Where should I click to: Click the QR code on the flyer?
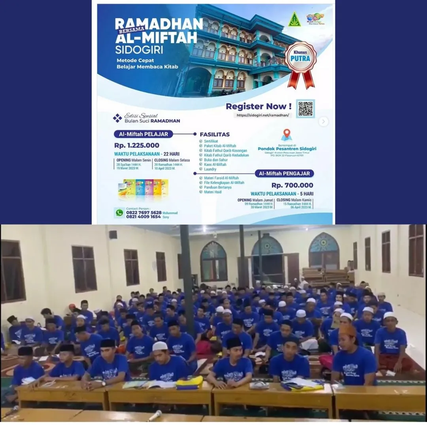tap(305, 109)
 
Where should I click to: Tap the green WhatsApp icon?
tap(119, 213)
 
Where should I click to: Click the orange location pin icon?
tap(286, 134)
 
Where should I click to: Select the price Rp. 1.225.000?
tap(137, 145)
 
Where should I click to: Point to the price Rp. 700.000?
tap(292, 185)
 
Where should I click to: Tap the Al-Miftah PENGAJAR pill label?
tap(284, 174)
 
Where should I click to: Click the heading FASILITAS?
tap(215, 134)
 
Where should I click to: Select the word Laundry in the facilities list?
tap(210, 169)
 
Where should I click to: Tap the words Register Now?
tap(259, 106)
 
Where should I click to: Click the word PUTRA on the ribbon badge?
tap(301, 59)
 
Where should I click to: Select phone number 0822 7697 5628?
tap(144, 212)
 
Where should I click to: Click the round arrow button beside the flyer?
tap(323, 121)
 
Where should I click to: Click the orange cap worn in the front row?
tap(348, 330)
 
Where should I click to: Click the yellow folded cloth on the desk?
tap(189, 382)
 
